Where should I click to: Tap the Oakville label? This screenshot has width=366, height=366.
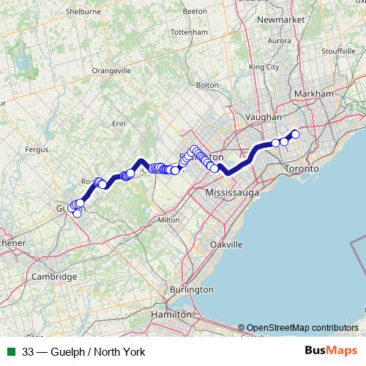(x=225, y=244)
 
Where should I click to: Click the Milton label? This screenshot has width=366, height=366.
(x=168, y=220)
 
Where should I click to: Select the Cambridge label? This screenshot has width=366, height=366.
(x=54, y=277)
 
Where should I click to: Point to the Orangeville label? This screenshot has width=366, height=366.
(x=111, y=70)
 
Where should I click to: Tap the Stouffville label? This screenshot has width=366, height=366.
(x=337, y=51)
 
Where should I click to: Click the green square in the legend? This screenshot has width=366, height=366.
(x=10, y=352)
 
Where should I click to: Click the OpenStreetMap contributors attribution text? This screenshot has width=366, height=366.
(x=302, y=327)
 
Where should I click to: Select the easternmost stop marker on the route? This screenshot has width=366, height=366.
(x=295, y=134)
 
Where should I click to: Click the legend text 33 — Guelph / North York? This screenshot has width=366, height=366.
(x=83, y=352)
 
